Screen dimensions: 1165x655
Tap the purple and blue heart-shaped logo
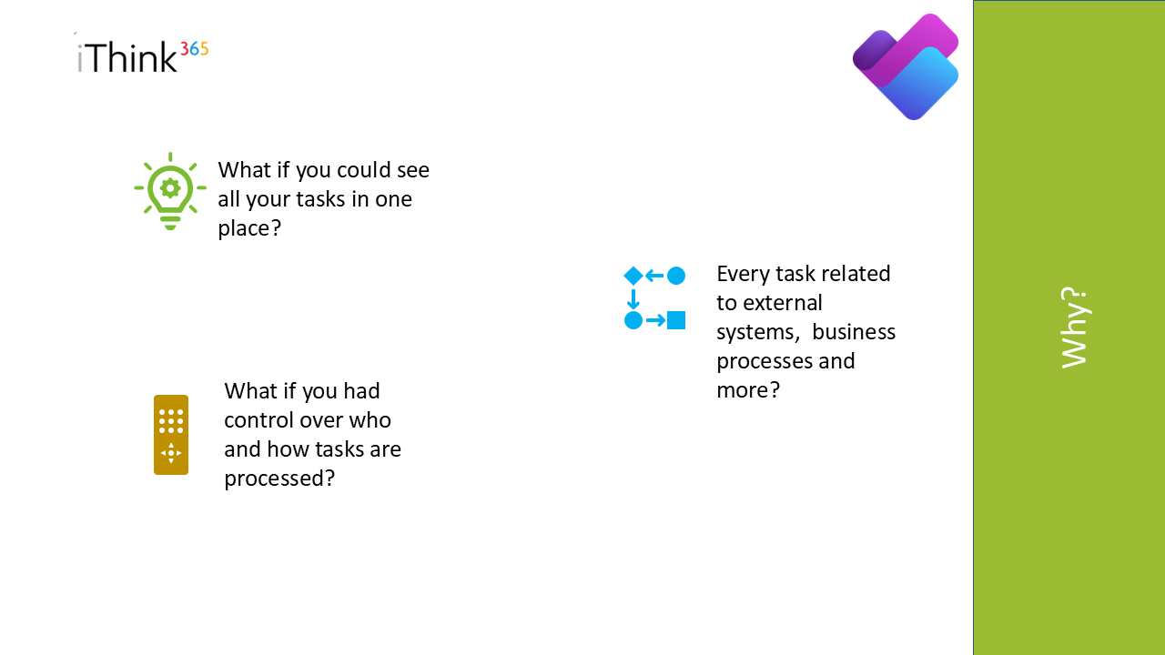[x=906, y=66]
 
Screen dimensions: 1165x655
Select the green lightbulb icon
[x=170, y=191]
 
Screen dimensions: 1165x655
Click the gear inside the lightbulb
[x=170, y=187]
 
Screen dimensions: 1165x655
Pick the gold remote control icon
[x=171, y=435]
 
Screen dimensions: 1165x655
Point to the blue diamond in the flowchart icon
[x=633, y=276]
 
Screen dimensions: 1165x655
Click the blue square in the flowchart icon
[x=676, y=320]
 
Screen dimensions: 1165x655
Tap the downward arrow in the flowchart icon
[x=633, y=299]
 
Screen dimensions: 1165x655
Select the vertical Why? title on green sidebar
[x=1075, y=327]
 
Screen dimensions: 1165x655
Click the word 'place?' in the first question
[x=249, y=228]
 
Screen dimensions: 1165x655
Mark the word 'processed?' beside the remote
[x=279, y=479]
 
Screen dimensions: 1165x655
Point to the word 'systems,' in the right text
[x=758, y=332]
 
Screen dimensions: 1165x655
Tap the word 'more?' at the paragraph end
[x=748, y=390]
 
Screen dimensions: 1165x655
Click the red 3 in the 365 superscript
[x=184, y=49]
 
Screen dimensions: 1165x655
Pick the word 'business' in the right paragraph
[x=854, y=332]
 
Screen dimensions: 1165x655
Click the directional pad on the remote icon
[x=171, y=453]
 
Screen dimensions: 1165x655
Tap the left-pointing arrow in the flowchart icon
[x=654, y=276]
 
